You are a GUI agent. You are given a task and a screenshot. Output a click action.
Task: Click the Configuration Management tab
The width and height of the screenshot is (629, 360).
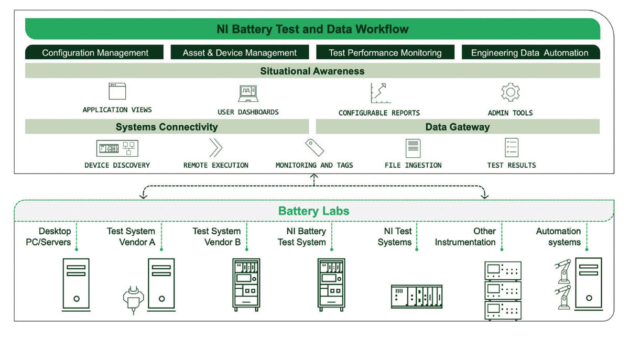95,52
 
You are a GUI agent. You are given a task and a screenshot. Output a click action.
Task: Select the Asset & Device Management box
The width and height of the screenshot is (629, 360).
240,52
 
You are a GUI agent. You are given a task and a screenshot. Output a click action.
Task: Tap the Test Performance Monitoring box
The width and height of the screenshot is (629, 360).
385,52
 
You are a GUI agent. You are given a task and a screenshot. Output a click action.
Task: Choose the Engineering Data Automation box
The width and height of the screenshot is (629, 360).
529,52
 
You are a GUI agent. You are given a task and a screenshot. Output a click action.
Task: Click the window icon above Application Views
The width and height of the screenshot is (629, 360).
117,91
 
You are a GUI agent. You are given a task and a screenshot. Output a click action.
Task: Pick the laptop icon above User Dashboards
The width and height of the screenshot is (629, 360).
248,93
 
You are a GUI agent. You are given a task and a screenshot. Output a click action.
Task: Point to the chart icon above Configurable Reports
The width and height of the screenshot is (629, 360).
378,93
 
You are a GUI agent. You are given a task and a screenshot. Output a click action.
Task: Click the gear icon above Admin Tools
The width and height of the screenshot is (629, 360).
510,92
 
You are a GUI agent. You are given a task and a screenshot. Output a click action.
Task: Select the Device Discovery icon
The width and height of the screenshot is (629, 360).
117,148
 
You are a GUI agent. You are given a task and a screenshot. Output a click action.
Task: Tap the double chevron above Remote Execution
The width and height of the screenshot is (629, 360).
215,148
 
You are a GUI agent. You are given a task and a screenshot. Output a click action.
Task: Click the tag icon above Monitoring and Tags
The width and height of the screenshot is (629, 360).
314,148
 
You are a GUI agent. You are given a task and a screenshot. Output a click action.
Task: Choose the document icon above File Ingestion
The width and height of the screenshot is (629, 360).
413,148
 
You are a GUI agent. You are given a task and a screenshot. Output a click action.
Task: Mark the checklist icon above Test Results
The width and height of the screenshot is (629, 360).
511,148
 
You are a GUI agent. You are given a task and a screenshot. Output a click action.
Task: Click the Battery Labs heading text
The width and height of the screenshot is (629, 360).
313,211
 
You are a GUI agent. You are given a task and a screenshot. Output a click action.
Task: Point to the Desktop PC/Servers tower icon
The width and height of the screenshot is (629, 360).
76,283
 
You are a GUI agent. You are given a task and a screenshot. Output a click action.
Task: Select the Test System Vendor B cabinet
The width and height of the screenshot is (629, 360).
246,284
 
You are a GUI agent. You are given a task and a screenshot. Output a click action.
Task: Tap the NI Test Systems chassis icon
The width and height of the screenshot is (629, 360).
417,296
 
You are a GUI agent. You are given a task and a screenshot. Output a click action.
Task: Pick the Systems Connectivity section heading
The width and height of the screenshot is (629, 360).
167,127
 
